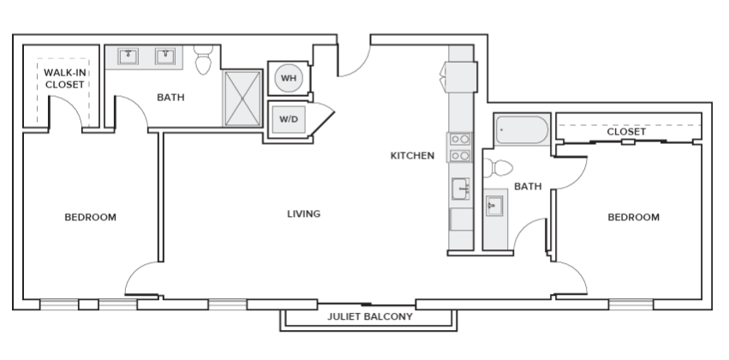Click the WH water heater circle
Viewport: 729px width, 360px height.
coord(288,78)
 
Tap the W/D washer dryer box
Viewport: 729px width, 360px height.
coord(288,119)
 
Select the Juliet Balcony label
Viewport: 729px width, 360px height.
coord(370,317)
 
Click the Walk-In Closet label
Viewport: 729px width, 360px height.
coord(64,79)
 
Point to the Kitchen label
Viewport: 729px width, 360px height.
coord(412,155)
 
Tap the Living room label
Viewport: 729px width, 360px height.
coord(303,214)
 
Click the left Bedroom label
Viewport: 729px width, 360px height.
coord(90,217)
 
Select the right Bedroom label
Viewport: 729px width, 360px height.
coord(633,217)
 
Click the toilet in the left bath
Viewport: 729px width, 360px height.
coord(203,60)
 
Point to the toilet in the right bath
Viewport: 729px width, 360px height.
coord(498,168)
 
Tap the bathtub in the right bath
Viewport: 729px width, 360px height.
coord(522,129)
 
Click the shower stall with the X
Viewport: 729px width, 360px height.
coord(242,98)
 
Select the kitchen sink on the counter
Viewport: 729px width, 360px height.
coord(460,189)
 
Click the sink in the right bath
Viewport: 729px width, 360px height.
coord(494,205)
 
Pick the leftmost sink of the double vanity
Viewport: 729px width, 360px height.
coord(128,57)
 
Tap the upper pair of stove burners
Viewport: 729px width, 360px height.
coord(460,140)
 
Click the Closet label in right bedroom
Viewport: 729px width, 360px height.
coord(626,132)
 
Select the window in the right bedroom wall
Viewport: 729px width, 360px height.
coord(630,304)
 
